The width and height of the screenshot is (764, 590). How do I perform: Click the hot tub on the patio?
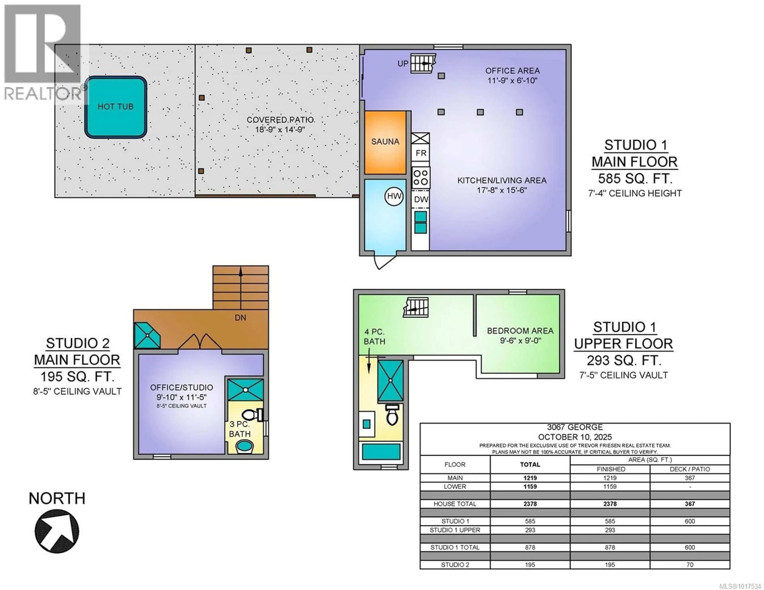pos(115,107)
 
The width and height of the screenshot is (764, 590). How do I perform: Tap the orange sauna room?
pos(385,142)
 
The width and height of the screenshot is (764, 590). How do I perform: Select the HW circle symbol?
pos(394,196)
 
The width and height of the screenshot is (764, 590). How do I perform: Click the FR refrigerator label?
pos(421,153)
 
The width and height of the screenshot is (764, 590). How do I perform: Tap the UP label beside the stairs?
pos(403,64)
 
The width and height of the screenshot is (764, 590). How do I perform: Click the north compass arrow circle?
pos(57,531)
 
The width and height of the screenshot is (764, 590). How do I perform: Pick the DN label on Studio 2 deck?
pos(240,318)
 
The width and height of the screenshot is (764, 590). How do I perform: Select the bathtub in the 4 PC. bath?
pos(381,452)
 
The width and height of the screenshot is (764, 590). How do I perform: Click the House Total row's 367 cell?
pos(690,504)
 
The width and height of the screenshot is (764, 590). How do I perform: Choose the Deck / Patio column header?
pos(690,469)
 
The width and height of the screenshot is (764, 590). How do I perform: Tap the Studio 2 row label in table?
pos(455,565)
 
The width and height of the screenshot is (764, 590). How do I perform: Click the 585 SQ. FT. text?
pos(635,179)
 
